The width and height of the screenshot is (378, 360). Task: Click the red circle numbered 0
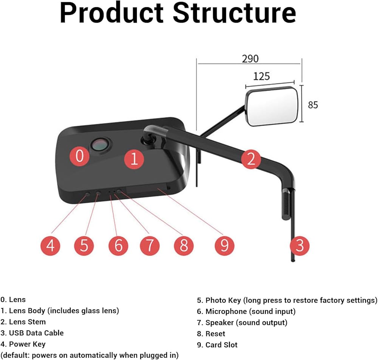pyautogui.click(x=79, y=156)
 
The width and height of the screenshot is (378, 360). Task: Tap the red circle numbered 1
pyautogui.click(x=134, y=159)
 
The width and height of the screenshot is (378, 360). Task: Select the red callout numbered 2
pyautogui.click(x=251, y=159)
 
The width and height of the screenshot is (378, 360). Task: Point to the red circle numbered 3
pyautogui.click(x=299, y=246)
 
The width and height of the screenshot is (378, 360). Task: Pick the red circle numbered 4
pyautogui.click(x=50, y=246)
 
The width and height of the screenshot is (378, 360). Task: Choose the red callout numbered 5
pyautogui.click(x=84, y=246)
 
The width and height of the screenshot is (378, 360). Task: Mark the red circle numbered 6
pyautogui.click(x=118, y=246)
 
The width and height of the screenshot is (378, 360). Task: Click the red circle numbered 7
pyautogui.click(x=150, y=246)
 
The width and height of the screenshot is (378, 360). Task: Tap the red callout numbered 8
pyautogui.click(x=184, y=246)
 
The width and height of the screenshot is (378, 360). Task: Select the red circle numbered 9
pyautogui.click(x=225, y=246)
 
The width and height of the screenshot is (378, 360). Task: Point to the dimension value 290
pyautogui.click(x=250, y=59)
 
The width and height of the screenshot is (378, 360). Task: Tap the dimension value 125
pyautogui.click(x=262, y=76)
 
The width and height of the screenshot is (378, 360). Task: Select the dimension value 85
pyautogui.click(x=313, y=105)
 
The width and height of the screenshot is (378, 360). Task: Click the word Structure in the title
pyautogui.click(x=235, y=13)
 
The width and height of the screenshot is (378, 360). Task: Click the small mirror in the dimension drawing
pyautogui.click(x=272, y=106)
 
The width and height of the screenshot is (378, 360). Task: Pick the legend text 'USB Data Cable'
pyautogui.click(x=36, y=333)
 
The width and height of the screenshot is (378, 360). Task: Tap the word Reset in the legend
pyautogui.click(x=215, y=334)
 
